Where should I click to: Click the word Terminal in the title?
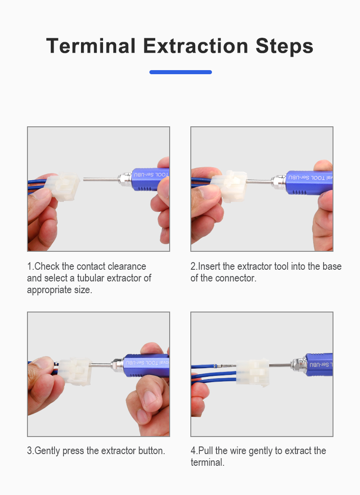[x=91, y=46]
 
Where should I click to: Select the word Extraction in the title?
[x=196, y=46]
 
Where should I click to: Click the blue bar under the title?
[x=180, y=72]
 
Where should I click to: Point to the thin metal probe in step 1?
[x=101, y=179]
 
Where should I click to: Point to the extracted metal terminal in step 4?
[x=225, y=366]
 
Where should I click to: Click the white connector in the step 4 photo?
[x=252, y=373]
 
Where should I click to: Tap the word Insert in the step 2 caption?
[x=209, y=266]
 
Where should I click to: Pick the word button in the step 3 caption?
[x=151, y=450]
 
